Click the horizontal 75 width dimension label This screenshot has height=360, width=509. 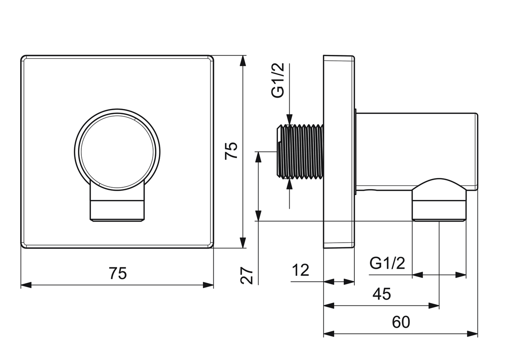[x=118, y=273]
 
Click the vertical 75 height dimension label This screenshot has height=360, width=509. [x=231, y=151]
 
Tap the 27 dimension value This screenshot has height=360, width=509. [x=247, y=275]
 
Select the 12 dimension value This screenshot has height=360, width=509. [x=300, y=270]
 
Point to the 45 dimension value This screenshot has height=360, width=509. [x=382, y=294]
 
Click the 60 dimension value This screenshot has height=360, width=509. [x=401, y=322]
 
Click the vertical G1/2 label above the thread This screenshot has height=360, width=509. [x=278, y=80]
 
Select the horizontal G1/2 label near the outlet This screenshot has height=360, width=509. [x=387, y=263]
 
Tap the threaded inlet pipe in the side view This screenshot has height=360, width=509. [x=300, y=151]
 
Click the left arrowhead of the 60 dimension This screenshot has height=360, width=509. [x=329, y=334]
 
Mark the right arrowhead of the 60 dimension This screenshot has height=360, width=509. [x=472, y=334]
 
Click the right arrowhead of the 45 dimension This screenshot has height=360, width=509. [x=434, y=306]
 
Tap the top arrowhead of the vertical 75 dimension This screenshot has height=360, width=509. [x=243, y=61]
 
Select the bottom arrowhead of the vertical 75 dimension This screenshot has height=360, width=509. [x=243, y=243]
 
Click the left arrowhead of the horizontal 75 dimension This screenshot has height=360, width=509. [x=26, y=285]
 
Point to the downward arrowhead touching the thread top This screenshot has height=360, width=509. [x=289, y=119]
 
